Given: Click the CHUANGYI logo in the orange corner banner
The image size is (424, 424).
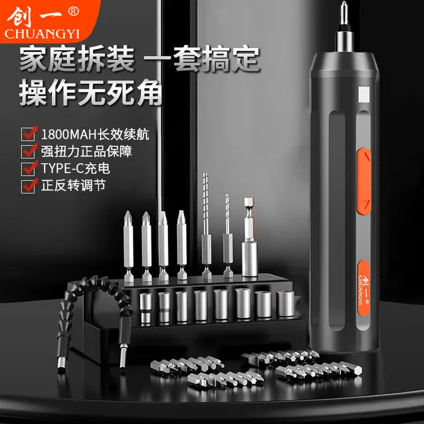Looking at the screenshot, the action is tap(42, 23).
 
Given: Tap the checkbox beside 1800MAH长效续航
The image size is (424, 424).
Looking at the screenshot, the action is tap(28, 134).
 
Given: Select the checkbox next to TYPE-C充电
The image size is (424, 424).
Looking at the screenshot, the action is tap(28, 168).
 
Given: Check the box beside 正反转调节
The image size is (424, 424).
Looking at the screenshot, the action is tap(28, 186).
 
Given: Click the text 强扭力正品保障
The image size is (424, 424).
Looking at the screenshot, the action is tap(86, 152).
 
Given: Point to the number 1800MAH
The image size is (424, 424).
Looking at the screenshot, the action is tap(68, 135).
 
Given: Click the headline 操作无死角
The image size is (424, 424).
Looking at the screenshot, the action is tap(90, 92).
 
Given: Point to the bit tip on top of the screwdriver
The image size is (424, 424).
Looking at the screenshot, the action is tap(343, 14).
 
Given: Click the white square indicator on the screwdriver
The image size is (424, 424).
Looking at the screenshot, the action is tap(364, 94).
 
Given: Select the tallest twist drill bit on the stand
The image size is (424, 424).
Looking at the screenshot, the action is tap(206, 225).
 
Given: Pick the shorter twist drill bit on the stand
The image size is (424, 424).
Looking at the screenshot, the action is tap(228, 236).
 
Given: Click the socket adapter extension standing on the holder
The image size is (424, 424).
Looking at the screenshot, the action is tap(249, 237).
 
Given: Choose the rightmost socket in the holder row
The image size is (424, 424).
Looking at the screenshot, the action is tap(285, 304).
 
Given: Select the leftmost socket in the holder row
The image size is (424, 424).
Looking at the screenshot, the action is tap(146, 308).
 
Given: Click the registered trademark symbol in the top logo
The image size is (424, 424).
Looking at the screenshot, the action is tap(73, 11).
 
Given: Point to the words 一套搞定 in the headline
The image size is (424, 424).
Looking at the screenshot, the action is tap(202, 59).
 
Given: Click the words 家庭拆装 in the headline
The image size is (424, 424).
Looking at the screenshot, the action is tap(77, 59).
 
